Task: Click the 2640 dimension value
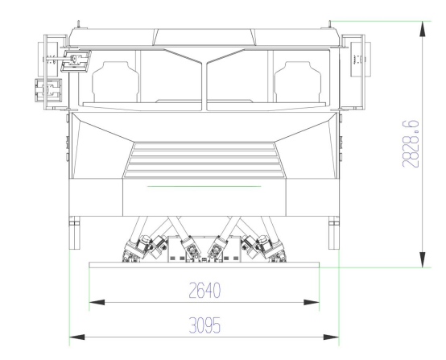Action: tap(204, 291)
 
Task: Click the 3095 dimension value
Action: tap(204, 325)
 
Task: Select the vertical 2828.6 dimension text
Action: tap(411, 143)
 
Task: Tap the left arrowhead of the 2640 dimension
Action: tap(97, 302)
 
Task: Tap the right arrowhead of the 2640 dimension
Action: tap(312, 302)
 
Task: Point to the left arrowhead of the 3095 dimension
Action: tap(77, 337)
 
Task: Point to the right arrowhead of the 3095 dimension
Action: tap(331, 337)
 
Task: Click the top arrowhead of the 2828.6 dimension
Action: tap(423, 29)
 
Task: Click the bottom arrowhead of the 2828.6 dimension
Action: tap(423, 259)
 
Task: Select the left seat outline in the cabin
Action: tap(115, 82)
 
